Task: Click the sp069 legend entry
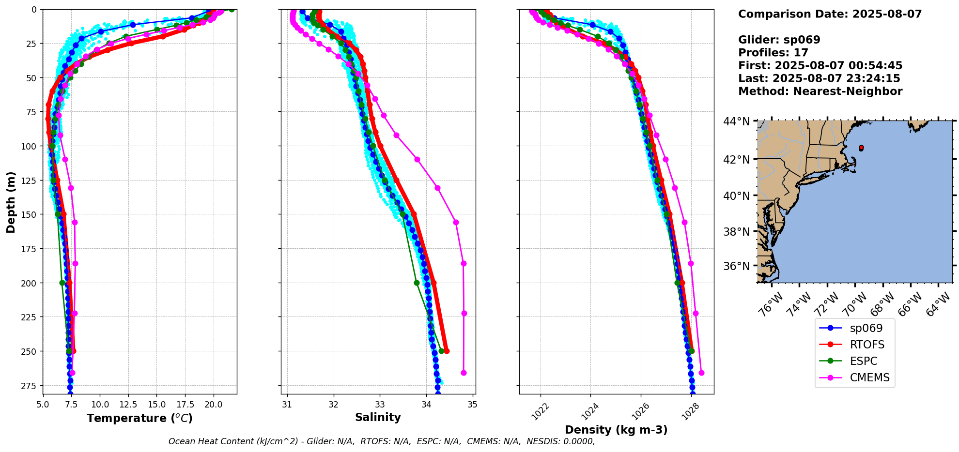(x=866, y=328)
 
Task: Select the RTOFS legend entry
(x=867, y=345)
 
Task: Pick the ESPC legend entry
(x=864, y=361)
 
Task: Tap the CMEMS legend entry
(x=869, y=377)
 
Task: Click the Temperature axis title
(x=139, y=418)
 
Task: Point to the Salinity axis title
(x=378, y=418)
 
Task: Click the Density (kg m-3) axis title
(x=616, y=430)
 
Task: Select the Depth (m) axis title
(x=11, y=202)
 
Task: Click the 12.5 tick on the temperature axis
(x=128, y=404)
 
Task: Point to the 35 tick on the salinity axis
(x=473, y=404)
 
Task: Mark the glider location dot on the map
(x=861, y=148)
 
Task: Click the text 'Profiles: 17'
(x=773, y=53)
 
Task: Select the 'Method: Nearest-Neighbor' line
(x=820, y=91)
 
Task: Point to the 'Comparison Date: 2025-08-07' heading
(x=830, y=14)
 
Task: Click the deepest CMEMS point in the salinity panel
(x=464, y=373)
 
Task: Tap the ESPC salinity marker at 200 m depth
(x=417, y=283)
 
